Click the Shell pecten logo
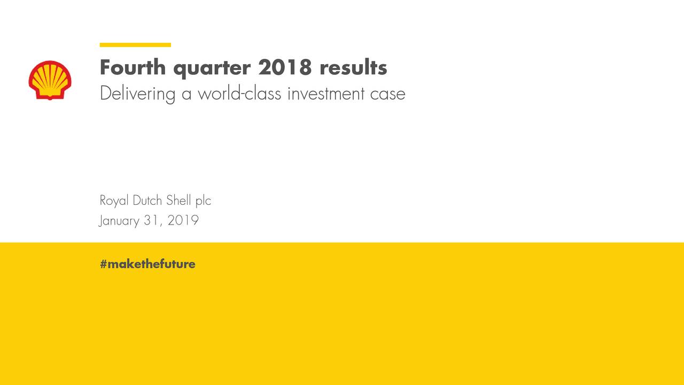point(50,80)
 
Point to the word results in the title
point(353,68)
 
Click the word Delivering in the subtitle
point(137,94)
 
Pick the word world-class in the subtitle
point(239,94)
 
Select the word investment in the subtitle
point(326,94)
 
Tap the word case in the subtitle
point(388,94)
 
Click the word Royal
point(114,201)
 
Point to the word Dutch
point(147,201)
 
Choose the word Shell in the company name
point(178,201)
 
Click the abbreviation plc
point(203,202)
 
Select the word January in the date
point(119,221)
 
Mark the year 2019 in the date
point(183,220)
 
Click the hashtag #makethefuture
point(147,264)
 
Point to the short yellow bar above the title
point(135,45)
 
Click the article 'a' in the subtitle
point(186,95)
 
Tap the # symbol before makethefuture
point(104,264)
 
